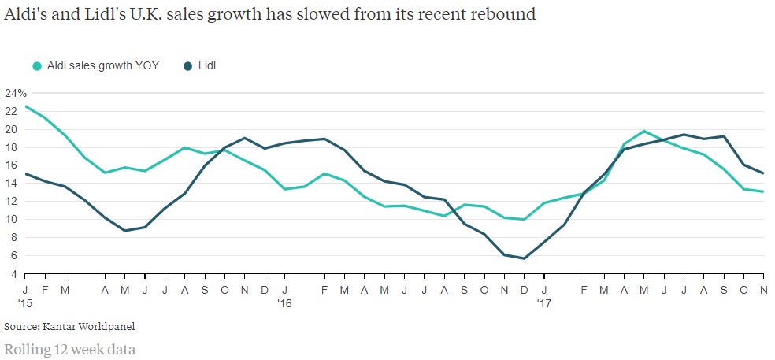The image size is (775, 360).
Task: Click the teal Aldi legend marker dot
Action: click(x=37, y=66)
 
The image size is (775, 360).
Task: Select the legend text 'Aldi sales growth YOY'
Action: click(x=102, y=66)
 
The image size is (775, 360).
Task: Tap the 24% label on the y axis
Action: click(x=15, y=92)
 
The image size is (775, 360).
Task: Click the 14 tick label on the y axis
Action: click(x=11, y=183)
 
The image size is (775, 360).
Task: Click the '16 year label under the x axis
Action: click(x=284, y=302)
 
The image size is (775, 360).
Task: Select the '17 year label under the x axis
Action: click(x=544, y=302)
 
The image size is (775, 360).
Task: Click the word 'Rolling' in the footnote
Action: click(x=25, y=347)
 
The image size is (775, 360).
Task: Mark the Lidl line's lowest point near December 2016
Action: click(x=524, y=258)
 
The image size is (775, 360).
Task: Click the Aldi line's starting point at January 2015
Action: click(x=26, y=106)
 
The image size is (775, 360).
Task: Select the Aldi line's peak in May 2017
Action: click(x=644, y=131)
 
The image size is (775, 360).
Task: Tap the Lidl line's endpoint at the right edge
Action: click(x=763, y=173)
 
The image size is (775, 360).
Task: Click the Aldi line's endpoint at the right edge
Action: click(x=763, y=191)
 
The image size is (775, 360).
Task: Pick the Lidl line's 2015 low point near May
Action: click(x=125, y=231)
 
